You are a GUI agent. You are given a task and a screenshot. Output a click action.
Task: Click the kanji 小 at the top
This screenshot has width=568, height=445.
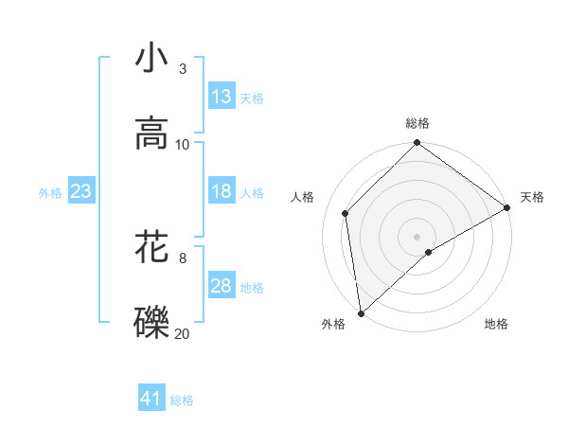(x=151, y=59)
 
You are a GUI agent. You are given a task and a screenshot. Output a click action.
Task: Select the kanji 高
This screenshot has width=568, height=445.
(x=151, y=134)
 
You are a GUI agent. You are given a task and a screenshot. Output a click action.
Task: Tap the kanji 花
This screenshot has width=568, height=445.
(x=151, y=246)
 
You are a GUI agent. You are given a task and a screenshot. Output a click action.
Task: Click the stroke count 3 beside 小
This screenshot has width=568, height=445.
(x=182, y=69)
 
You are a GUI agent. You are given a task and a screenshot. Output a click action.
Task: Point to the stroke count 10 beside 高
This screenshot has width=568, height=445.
(x=183, y=145)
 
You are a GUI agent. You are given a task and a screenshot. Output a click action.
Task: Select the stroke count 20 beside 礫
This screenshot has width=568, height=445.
(x=183, y=332)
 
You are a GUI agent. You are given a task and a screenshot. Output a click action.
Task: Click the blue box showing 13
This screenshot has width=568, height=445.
(x=222, y=97)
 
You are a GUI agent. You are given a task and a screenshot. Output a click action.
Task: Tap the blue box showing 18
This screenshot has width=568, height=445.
(x=222, y=191)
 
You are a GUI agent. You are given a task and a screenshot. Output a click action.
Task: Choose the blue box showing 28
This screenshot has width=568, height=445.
(x=222, y=286)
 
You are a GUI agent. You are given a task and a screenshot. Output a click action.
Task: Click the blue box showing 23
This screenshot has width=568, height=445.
(x=80, y=191)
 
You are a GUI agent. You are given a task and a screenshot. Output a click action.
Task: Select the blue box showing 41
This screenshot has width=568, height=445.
(x=151, y=399)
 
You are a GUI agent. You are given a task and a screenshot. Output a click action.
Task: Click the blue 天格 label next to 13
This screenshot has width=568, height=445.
(x=251, y=98)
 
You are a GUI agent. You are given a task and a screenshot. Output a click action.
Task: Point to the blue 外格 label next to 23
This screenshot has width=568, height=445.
(x=50, y=192)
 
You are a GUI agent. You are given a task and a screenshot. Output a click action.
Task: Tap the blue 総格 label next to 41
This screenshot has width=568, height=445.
(x=182, y=400)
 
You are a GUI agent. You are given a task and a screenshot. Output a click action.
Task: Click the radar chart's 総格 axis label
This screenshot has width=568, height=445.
(x=417, y=124)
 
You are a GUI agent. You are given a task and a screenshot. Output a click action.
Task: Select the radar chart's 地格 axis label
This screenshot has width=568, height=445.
(x=496, y=325)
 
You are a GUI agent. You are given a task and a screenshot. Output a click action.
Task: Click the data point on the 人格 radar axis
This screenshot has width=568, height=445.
(x=346, y=213)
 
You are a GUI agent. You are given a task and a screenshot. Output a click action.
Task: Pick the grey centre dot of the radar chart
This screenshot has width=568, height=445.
(x=417, y=236)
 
